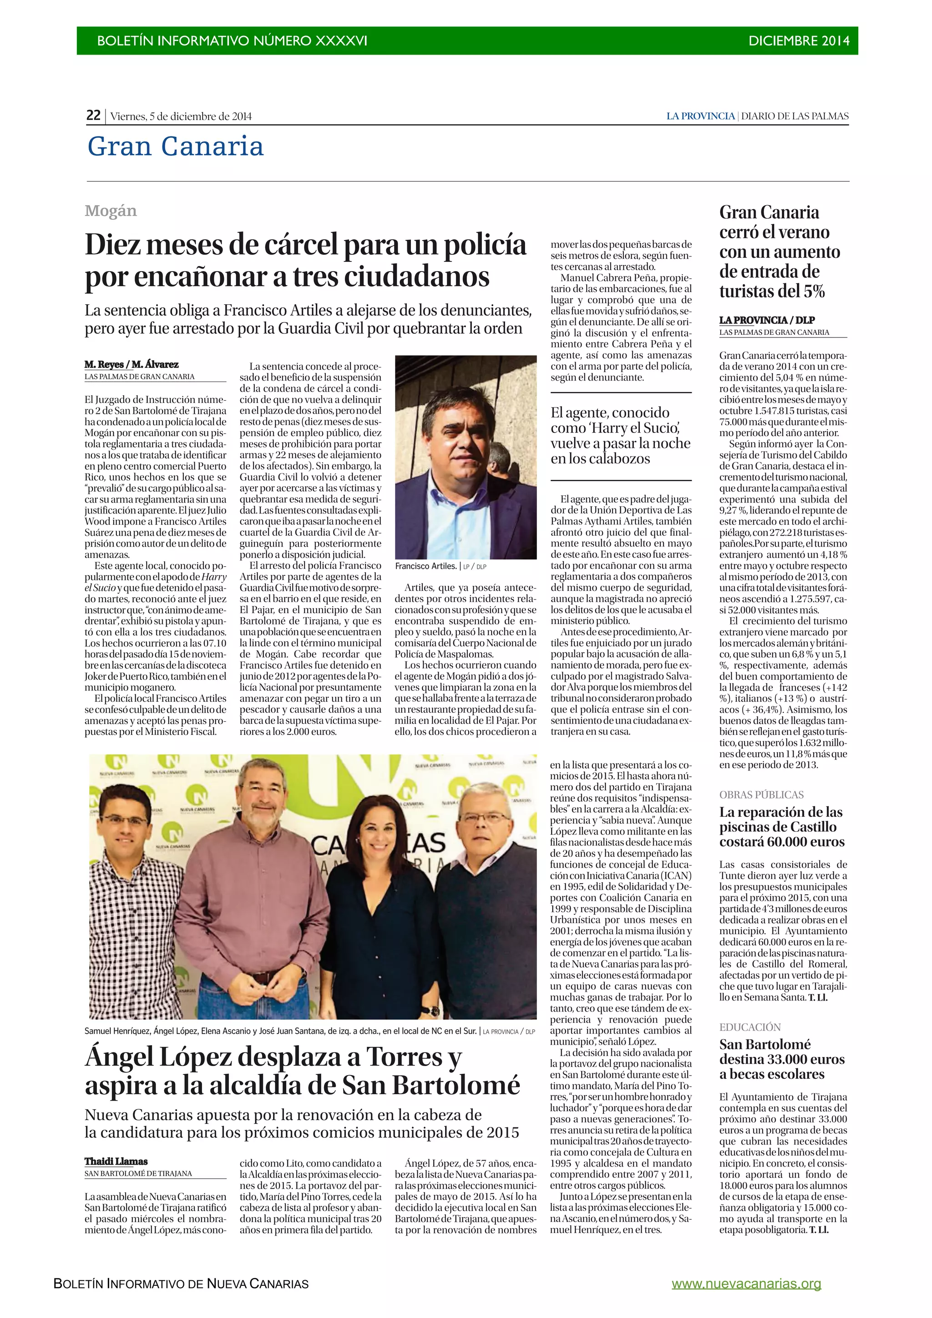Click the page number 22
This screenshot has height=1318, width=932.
tap(93, 116)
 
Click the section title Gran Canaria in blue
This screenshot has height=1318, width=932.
tap(175, 146)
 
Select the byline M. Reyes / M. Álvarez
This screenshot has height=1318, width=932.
tap(132, 364)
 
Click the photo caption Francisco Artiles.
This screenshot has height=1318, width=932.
tap(425, 566)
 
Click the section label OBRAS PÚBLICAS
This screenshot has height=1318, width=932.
tap(761, 795)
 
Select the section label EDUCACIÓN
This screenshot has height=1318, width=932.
tap(750, 1027)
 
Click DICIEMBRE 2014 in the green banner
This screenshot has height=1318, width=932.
tap(798, 41)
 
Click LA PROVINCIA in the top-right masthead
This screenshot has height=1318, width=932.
tap(700, 116)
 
